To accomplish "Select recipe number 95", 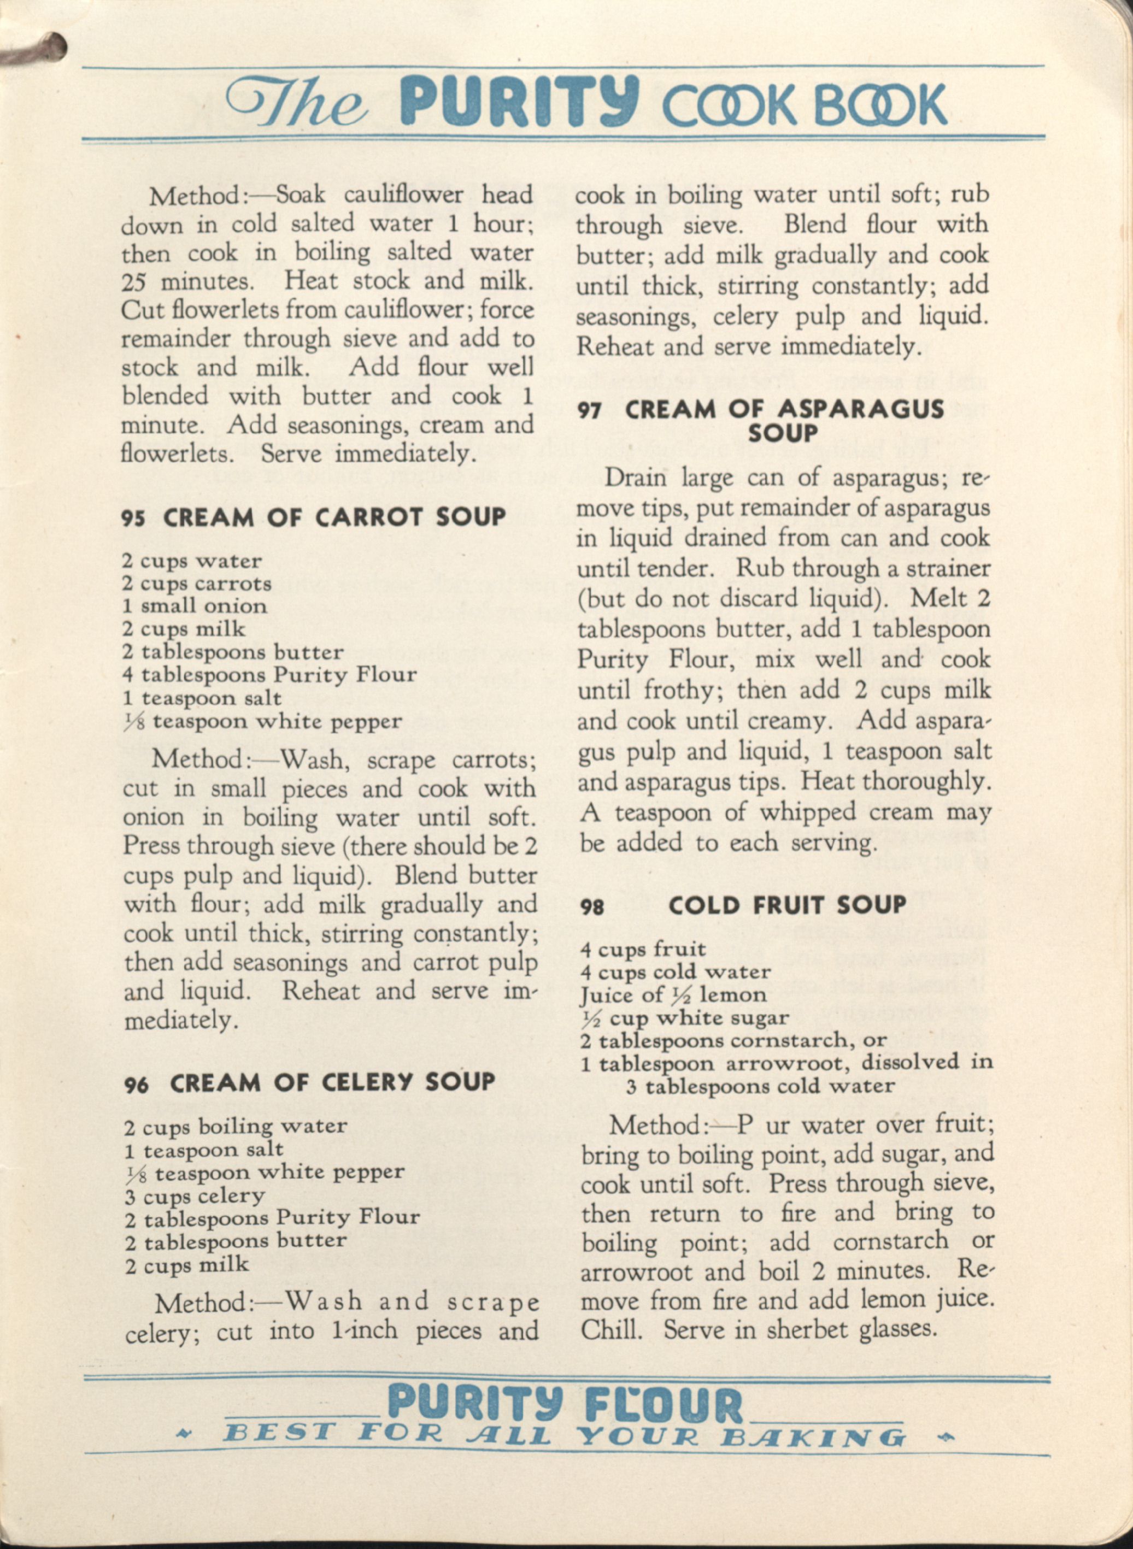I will [x=133, y=518].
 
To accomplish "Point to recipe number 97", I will [x=590, y=410].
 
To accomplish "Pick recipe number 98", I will [x=592, y=907].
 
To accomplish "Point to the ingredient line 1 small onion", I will [x=195, y=606].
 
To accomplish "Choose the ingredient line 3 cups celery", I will [x=195, y=1197].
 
